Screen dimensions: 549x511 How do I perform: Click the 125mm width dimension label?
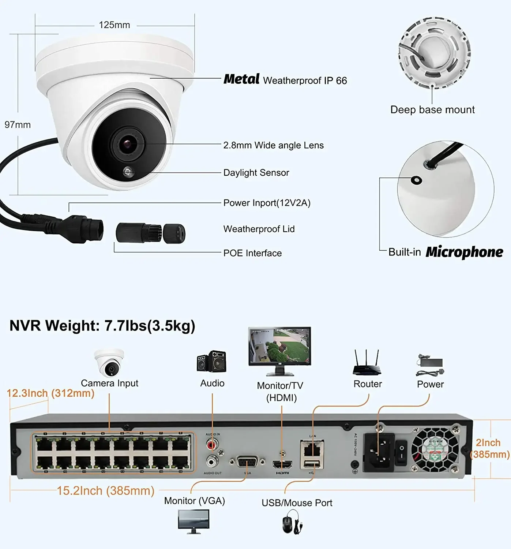114,25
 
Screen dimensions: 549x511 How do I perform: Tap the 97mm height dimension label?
18,125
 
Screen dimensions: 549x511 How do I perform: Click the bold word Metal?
241,79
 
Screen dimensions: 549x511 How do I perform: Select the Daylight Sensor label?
256,173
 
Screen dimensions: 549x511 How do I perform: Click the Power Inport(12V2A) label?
267,203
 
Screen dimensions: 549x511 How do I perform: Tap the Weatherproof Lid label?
259,229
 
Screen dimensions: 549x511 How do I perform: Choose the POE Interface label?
252,253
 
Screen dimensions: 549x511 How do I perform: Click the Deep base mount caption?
432,109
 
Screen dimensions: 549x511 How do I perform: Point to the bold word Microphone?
465,252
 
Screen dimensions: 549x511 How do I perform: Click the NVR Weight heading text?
102,325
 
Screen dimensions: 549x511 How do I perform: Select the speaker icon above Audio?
212,362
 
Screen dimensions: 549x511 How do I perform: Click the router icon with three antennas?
367,363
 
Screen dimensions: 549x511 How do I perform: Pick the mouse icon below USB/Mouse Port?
292,524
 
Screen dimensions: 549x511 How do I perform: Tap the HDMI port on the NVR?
282,464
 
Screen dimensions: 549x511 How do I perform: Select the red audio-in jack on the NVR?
211,445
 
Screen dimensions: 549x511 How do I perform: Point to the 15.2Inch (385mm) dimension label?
106,491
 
